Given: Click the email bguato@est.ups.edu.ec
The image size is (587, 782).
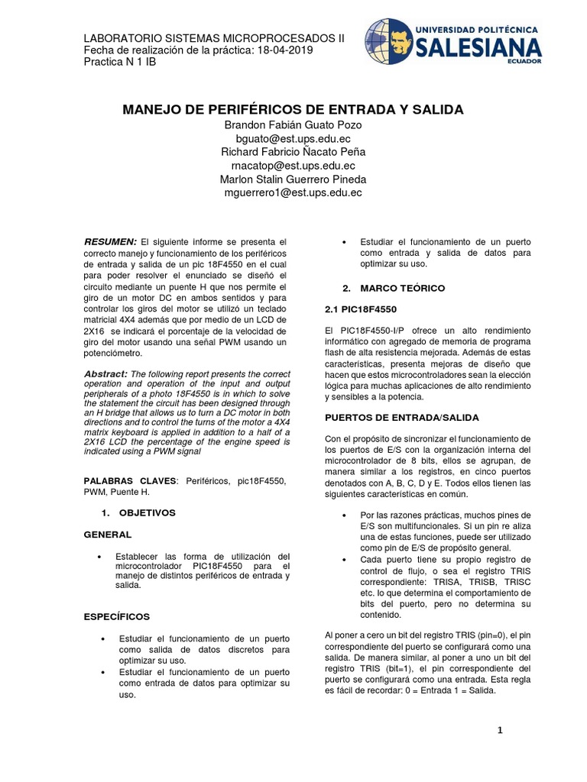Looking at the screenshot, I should click(x=293, y=138).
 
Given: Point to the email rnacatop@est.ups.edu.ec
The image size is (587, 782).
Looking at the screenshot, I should click(x=293, y=166).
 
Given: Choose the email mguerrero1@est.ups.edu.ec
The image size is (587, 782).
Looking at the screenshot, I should click(x=293, y=193).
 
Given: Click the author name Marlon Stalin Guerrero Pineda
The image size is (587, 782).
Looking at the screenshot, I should click(x=293, y=179).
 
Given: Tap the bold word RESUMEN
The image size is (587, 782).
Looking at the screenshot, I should click(x=110, y=241).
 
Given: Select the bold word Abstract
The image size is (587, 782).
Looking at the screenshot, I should click(x=105, y=373).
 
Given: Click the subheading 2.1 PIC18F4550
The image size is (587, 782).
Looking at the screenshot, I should click(x=361, y=310).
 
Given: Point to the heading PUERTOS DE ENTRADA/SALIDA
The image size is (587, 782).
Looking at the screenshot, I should click(x=402, y=418).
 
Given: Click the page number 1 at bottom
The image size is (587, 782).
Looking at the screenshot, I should click(x=500, y=731).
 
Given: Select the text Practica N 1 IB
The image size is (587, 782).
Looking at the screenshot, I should click(x=119, y=62).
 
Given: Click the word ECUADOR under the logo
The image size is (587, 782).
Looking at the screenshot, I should click(x=524, y=62).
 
